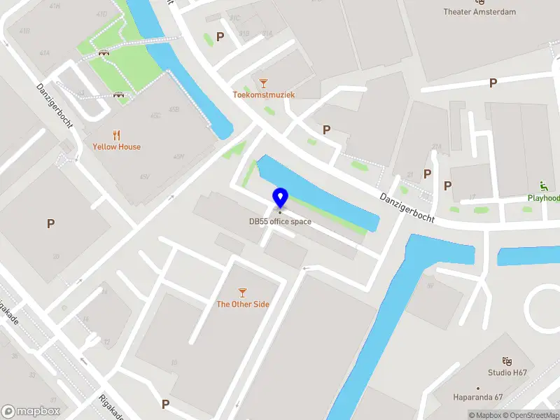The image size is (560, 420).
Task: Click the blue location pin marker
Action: coord(280,198)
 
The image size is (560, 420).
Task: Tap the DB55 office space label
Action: coord(280,222)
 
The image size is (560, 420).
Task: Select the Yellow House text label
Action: coord(116,147)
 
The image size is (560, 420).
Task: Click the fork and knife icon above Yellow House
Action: coord(116,135)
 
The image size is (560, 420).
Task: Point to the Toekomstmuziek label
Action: coord(264,94)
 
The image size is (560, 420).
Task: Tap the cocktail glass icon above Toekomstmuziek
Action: coord(264,83)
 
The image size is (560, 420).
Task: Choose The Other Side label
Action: coord(242,304)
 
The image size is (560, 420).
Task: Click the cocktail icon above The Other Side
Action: coord(242,292)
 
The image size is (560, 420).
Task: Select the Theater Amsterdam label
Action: coord(479,12)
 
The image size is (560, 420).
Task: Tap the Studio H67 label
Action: coord(507,372)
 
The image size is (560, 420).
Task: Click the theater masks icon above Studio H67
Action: coord(507,360)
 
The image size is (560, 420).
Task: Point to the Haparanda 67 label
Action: coord(479,397)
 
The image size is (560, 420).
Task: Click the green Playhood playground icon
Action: coord(543,186)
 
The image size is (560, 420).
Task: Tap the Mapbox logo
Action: coord(30,411)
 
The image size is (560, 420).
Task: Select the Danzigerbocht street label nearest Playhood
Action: coord(407,209)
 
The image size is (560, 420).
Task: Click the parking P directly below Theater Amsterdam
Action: coord(493,83)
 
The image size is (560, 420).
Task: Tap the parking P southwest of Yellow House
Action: coord(50,224)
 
